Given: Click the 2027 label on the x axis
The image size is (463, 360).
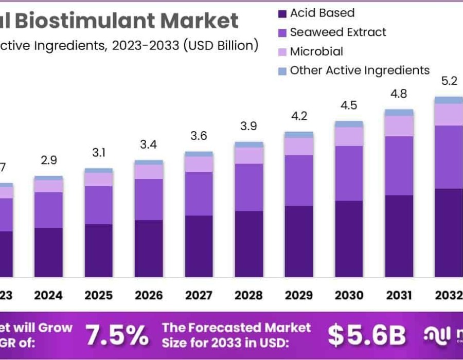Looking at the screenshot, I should [x=199, y=296].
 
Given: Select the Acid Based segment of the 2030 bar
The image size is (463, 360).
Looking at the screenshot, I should [x=349, y=239].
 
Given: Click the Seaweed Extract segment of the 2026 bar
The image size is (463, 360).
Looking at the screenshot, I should [x=149, y=200].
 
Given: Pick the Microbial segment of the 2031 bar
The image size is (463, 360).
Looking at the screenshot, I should [x=399, y=126].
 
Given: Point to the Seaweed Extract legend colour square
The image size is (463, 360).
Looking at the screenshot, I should [x=282, y=33].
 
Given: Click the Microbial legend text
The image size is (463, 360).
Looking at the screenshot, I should [x=316, y=51].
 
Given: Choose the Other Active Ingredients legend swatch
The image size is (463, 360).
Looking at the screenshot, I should [x=282, y=71].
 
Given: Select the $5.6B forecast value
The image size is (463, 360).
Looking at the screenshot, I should [x=366, y=335].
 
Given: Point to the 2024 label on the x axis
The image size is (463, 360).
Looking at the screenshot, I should [x=48, y=296].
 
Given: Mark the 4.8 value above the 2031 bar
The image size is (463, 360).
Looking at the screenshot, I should [x=399, y=94].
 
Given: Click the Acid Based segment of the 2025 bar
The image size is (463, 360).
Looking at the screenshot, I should [x=99, y=250].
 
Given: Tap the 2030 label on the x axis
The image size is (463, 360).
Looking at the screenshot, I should [x=349, y=296].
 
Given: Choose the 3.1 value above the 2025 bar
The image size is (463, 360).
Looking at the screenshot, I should [x=99, y=153].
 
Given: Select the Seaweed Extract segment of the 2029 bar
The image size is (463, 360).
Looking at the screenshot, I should [x=299, y=181].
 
